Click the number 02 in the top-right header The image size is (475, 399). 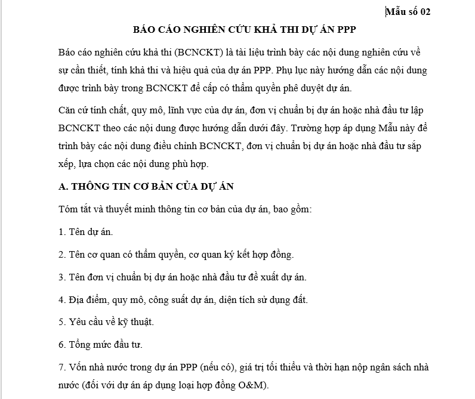click(x=423, y=11)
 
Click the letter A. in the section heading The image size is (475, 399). click(x=63, y=186)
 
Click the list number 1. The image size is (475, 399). click(x=62, y=231)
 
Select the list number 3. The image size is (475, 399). click(x=62, y=277)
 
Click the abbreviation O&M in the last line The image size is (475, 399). click(x=251, y=384)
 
